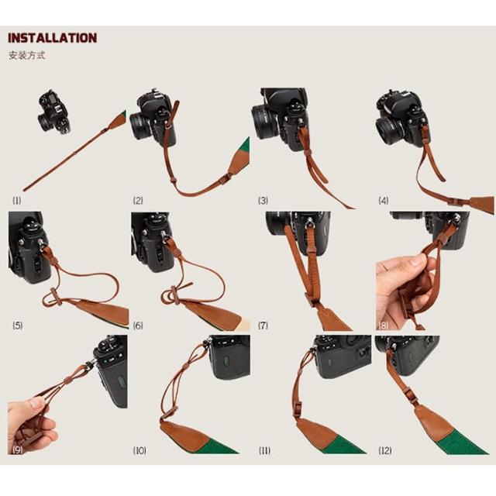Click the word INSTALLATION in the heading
pos(53,38)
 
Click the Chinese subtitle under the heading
pos(27,55)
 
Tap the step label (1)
pos(17,200)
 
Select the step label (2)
pos(138,200)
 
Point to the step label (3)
pos(263,200)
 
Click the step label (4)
pos(384,200)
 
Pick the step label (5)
pos(18,325)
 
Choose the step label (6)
pos(138,325)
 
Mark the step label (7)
pos(263,325)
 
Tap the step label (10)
pos(139,450)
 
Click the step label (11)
pos(264,450)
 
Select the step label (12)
pos(385,450)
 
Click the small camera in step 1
pos(54,112)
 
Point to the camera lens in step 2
pos(141,126)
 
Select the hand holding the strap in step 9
pos(30,425)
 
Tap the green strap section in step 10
pos(218,445)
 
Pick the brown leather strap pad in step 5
pos(102,312)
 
